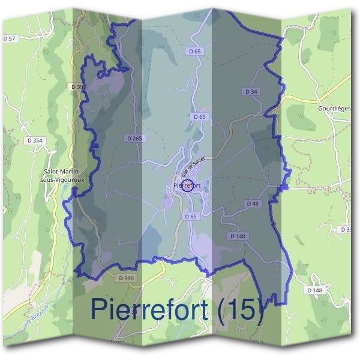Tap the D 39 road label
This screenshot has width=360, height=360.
77,87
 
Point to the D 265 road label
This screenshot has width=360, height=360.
135,139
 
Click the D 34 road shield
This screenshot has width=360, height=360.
252,92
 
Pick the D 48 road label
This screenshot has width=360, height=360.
253,204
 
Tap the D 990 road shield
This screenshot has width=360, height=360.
127,278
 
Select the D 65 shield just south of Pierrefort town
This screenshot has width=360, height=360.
191,216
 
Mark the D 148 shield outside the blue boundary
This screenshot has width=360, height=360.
314,290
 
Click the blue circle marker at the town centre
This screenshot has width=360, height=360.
187,185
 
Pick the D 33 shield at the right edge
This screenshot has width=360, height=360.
346,230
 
